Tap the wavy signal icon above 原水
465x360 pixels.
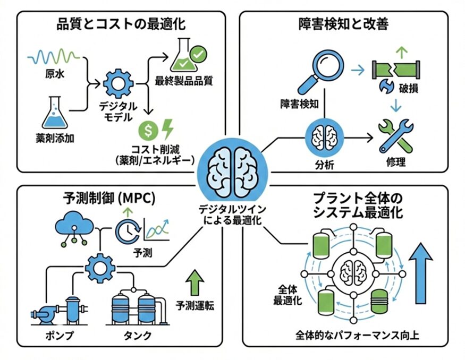[x=53, y=56]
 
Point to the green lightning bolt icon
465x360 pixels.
[x=167, y=128]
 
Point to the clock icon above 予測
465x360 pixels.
[x=127, y=229]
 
